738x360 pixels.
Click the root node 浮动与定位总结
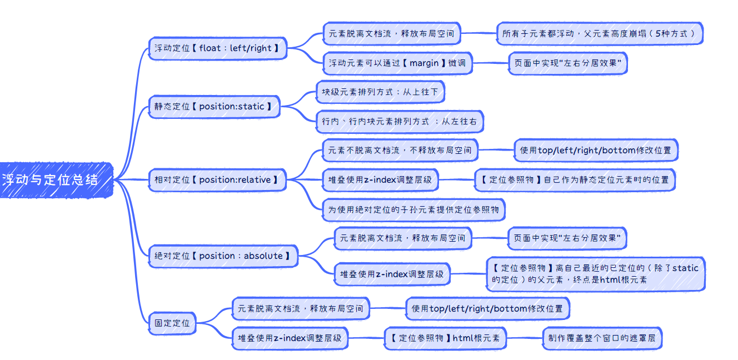(x=51, y=179)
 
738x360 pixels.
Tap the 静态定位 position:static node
(x=214, y=106)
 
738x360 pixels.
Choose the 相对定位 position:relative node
(x=217, y=179)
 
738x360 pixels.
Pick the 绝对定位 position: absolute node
(x=223, y=256)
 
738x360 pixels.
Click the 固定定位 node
(x=172, y=323)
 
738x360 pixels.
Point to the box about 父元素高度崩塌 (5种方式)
(x=599, y=34)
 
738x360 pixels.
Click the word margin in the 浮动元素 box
(x=423, y=63)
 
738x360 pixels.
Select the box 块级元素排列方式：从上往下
(x=380, y=92)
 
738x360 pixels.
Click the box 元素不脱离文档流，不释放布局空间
(x=400, y=150)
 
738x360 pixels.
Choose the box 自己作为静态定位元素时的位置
(x=575, y=179)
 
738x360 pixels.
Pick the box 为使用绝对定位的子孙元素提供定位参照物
(x=413, y=209)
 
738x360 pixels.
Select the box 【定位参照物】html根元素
(x=445, y=338)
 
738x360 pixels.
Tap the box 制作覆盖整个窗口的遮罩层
(x=602, y=338)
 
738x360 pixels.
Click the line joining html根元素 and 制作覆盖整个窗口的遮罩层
(x=524, y=338)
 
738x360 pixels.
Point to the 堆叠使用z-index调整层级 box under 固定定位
(x=290, y=338)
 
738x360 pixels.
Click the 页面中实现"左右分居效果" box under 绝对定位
(x=567, y=238)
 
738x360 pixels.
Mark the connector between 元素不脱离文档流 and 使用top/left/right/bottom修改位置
(x=496, y=150)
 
